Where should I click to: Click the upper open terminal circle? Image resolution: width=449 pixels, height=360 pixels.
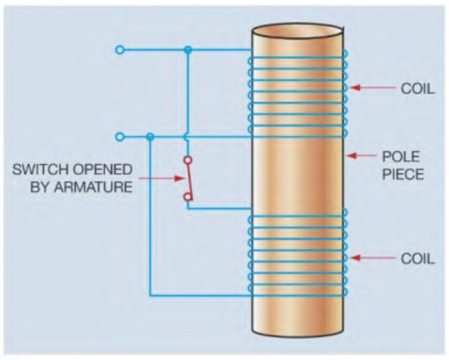[x=120, y=50]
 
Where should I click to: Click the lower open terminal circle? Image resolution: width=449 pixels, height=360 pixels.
[x=120, y=137]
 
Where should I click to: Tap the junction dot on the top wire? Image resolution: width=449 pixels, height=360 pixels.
[x=188, y=50]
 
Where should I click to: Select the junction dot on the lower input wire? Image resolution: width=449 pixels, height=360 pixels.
[x=150, y=137]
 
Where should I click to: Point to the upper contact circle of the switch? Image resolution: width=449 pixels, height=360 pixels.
[x=187, y=160]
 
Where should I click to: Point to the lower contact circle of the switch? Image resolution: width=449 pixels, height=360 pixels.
[x=187, y=197]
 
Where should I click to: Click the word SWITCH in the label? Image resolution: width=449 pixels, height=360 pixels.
[x=40, y=169]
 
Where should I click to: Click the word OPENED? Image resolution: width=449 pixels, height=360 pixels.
[x=102, y=169]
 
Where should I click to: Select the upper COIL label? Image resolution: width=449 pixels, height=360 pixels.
[x=418, y=88]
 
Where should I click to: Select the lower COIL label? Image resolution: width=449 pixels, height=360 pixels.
[x=418, y=258]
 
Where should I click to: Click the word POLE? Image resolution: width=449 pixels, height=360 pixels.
[x=401, y=156]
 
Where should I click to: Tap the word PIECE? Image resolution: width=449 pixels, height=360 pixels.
[x=403, y=174]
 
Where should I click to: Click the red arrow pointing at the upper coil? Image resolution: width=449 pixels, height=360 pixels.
[x=372, y=87]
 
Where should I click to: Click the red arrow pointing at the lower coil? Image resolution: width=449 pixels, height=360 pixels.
[x=372, y=258]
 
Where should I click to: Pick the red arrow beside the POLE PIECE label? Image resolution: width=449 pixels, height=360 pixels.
[x=362, y=156]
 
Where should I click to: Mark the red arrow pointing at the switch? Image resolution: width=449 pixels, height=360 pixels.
[x=162, y=178]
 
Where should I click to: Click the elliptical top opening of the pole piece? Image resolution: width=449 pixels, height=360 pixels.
[x=298, y=31]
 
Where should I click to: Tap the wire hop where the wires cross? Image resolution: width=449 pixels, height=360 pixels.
[x=187, y=137]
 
